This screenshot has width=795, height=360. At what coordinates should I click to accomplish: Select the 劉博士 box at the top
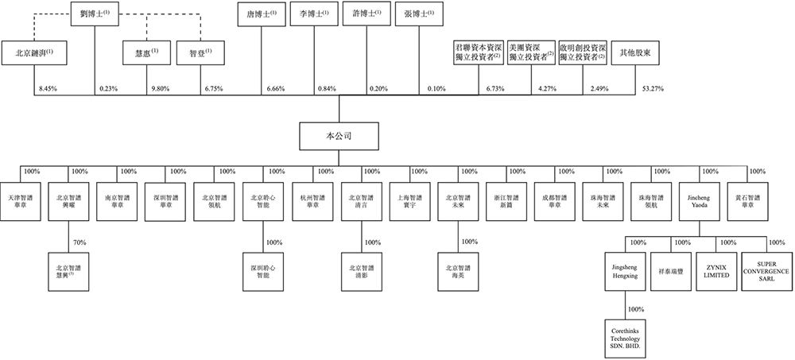point(95,17)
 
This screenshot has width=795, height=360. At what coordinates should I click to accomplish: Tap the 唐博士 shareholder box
point(262,15)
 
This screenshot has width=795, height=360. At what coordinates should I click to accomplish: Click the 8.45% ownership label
point(48,88)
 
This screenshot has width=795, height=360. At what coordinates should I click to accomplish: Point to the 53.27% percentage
point(652,88)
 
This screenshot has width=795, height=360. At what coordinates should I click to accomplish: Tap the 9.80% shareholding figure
point(161,88)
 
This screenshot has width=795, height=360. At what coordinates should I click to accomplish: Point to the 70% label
point(79,242)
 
